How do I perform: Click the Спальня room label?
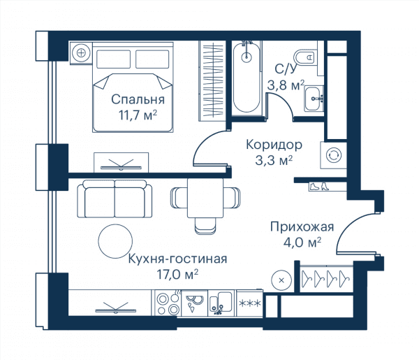[x=138, y=99]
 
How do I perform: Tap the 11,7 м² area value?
[x=138, y=115]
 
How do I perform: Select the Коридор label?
[x=274, y=145]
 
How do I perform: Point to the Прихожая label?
[x=302, y=226]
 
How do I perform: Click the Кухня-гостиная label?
[x=177, y=259]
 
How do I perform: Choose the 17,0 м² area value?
[x=177, y=274]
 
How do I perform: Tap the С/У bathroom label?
[x=286, y=69]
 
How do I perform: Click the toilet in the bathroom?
[x=304, y=57]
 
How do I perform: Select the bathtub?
[x=246, y=78]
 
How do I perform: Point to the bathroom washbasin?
[x=314, y=99]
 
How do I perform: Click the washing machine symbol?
[x=334, y=155]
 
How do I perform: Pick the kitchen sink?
[x=221, y=304]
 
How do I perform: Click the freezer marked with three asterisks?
[x=249, y=303]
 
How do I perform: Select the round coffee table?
[x=115, y=241]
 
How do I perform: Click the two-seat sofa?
[x=115, y=199]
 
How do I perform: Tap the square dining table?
[x=205, y=198]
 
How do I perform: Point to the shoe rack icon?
[x=319, y=187]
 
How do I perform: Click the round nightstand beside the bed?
[x=81, y=52]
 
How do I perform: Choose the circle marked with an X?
[x=281, y=280]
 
